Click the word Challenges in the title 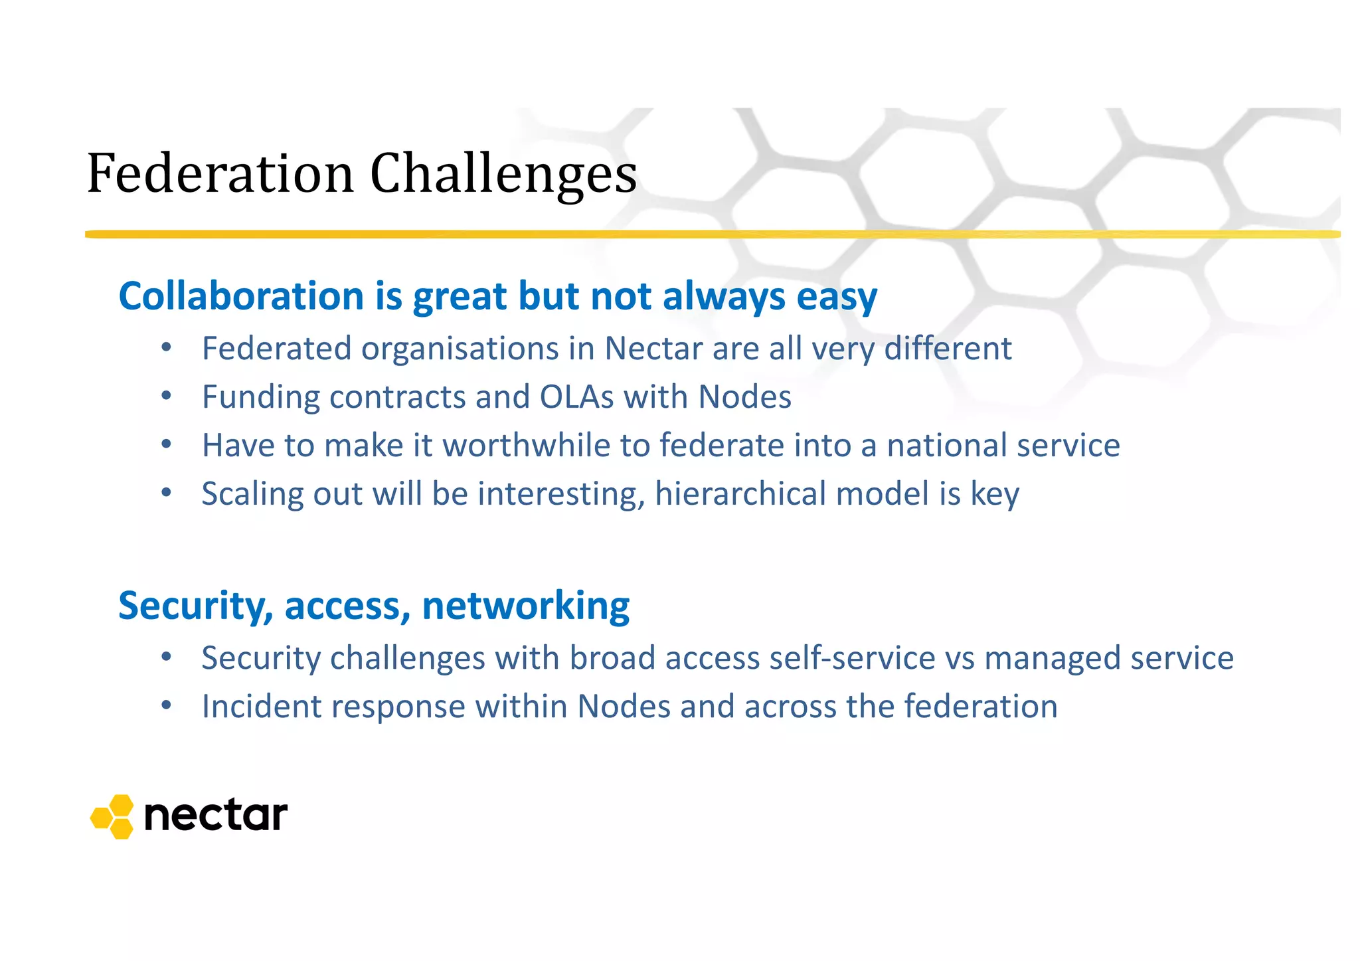[503, 174]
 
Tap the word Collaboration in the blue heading [241, 296]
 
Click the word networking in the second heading [525, 606]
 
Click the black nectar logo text [215, 816]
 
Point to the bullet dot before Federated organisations [167, 347]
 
